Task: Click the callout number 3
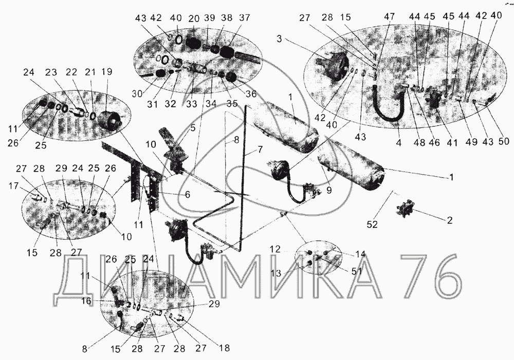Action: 279,39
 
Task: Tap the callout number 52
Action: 372,224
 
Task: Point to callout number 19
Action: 107,72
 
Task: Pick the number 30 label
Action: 137,93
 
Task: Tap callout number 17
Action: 13,186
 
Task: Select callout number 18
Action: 224,348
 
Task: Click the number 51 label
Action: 357,271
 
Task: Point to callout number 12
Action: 276,250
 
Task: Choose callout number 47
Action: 390,17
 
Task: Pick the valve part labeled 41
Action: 433,97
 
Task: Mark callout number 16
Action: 86,301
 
